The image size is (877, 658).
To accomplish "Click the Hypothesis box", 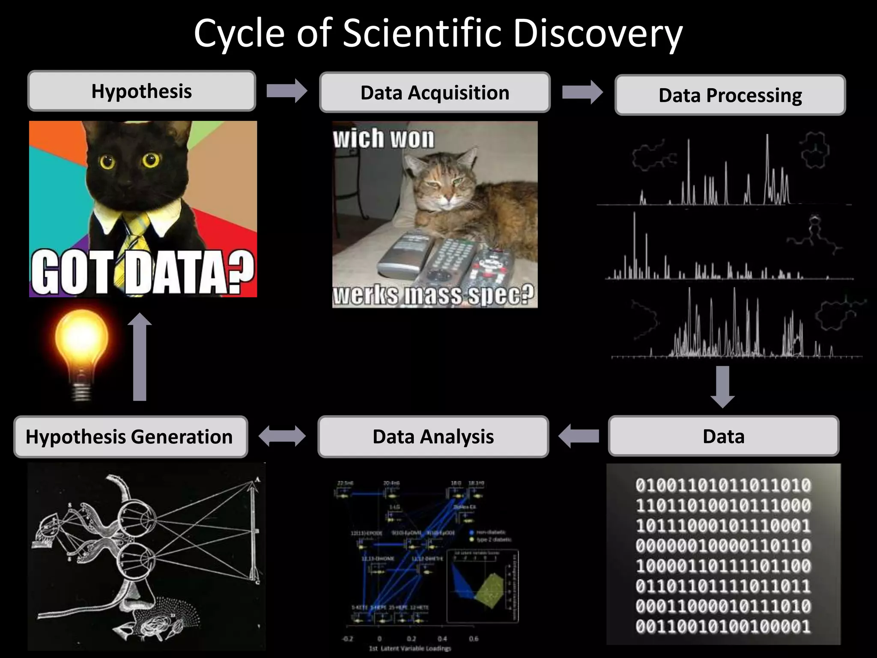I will coord(142,91).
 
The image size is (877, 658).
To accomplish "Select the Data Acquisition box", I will coord(435,93).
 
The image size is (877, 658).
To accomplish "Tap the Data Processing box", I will coord(730,95).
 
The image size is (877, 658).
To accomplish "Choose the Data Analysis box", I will coord(433,437).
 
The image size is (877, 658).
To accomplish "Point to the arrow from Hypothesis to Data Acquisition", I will coord(286,91).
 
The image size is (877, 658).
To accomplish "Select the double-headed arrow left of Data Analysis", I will coord(282,436).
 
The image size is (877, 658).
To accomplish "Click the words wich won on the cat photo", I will coord(383,138).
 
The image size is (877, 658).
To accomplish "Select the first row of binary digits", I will coord(723,485).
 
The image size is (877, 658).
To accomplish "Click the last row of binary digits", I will coord(723,626).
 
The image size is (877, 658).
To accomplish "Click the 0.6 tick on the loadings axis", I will coord(473,639).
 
